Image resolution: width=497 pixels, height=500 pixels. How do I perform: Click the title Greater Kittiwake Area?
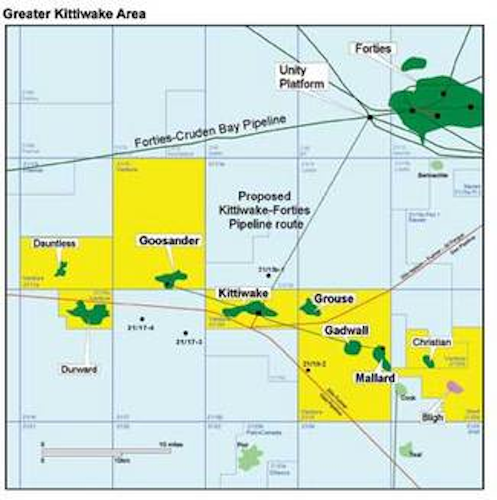click(74, 14)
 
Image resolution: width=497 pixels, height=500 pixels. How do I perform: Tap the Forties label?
click(373, 49)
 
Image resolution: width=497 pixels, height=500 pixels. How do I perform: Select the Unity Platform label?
click(302, 77)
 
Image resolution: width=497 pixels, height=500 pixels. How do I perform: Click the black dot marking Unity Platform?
click(370, 117)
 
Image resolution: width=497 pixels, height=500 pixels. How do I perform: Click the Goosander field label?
click(169, 241)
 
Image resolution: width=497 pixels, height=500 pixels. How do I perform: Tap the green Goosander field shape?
click(171, 278)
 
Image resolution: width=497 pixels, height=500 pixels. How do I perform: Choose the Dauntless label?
click(54, 244)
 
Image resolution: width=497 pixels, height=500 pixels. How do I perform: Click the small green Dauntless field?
click(61, 269)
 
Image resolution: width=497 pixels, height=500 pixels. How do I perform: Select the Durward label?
click(79, 370)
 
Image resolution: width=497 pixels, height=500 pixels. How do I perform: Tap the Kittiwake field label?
click(243, 293)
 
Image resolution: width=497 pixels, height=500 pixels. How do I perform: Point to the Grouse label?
click(333, 298)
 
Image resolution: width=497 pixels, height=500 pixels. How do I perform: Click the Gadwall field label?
click(346, 331)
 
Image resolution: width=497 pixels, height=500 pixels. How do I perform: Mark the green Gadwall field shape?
click(352, 347)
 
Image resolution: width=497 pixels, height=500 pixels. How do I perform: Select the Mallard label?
click(375, 378)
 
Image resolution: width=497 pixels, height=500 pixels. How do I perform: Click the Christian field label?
click(431, 342)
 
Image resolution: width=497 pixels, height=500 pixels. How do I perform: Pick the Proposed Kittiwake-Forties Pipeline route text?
click(265, 210)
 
